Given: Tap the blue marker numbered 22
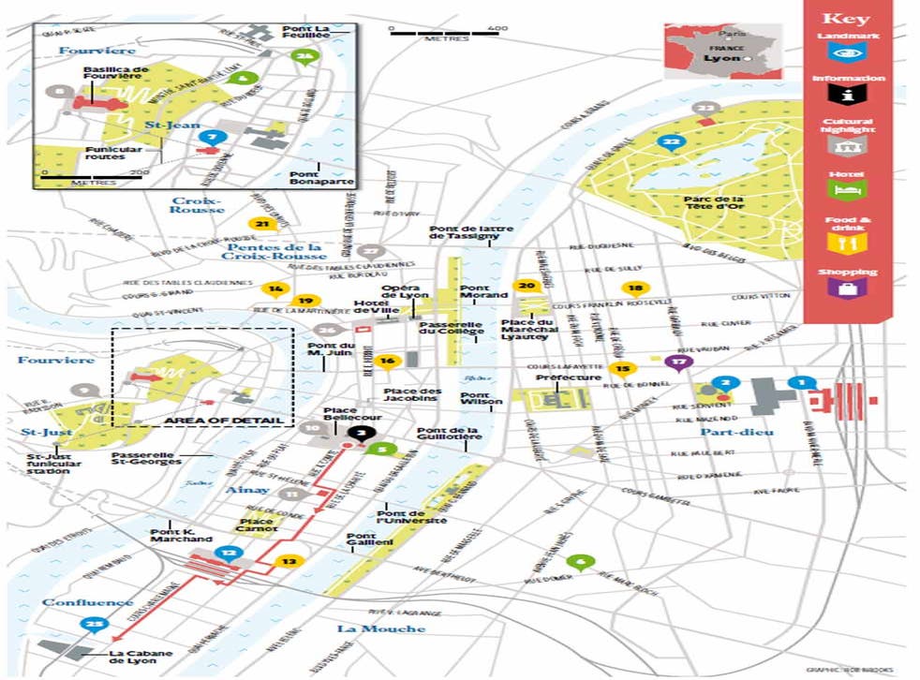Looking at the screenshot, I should click(670, 143).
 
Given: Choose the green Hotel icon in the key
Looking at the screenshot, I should click(847, 190).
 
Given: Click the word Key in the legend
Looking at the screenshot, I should click(846, 19).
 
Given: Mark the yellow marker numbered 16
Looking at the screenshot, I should click(387, 362).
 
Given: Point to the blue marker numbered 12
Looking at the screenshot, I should click(228, 554).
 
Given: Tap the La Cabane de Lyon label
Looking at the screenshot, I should click(137, 658).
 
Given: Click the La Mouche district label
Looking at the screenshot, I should click(380, 628).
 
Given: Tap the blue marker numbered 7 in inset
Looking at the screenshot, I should click(212, 138).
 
